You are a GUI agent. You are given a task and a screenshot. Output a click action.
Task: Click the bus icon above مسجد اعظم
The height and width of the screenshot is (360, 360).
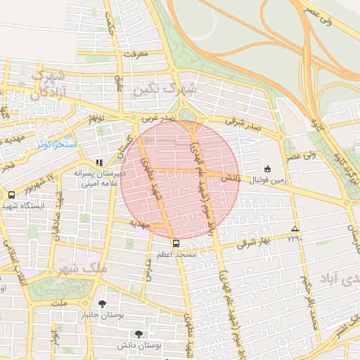[x=176, y=243]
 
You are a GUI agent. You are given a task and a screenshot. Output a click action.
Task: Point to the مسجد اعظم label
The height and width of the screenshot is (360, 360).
[x=176, y=253]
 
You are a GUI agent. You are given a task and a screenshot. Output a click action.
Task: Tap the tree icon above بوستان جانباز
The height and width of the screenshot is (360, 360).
[x=103, y=304]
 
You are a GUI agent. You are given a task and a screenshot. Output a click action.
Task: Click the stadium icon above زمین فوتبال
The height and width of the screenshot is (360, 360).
[x=267, y=169]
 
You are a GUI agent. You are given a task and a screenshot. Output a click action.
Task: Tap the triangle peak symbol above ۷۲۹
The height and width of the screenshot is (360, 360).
[x=294, y=229]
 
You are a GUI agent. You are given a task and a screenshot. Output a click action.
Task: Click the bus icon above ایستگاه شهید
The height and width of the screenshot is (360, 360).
[x=11, y=195]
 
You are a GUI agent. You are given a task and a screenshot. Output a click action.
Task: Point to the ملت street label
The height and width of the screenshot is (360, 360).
[x=60, y=303]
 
